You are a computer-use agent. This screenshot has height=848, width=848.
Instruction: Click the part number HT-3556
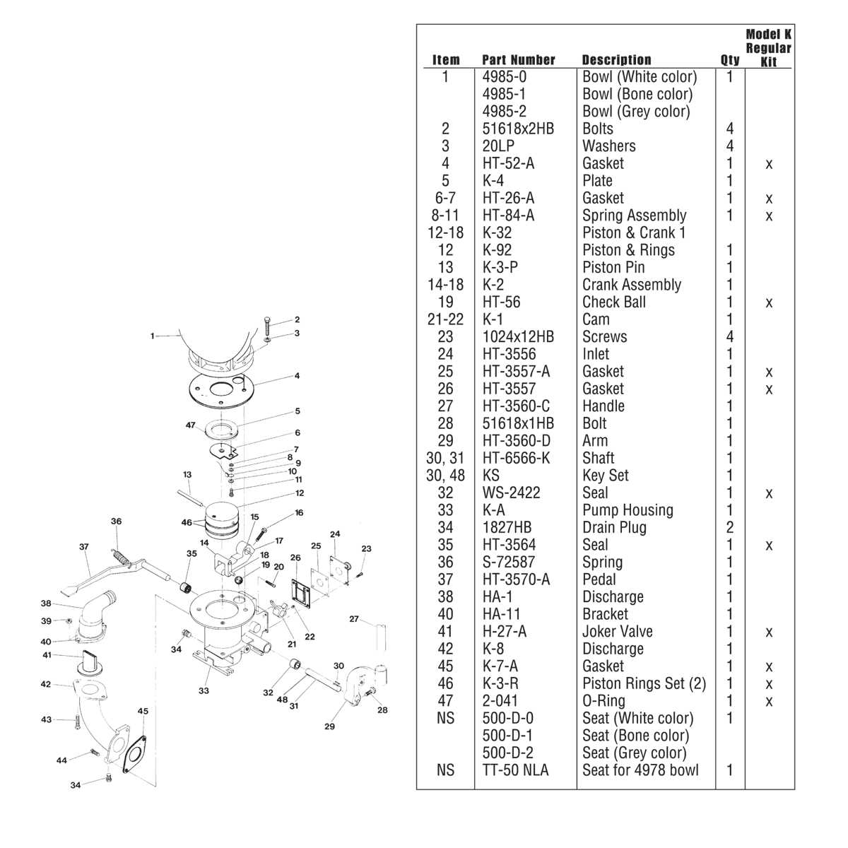509,354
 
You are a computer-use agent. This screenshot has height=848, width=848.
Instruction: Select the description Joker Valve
617,632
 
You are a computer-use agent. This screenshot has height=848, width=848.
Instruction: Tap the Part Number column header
518,60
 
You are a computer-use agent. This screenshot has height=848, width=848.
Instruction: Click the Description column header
616,60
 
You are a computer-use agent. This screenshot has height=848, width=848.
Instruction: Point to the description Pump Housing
628,510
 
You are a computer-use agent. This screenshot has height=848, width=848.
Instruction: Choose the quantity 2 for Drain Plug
730,527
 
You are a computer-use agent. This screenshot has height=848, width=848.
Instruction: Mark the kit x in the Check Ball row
769,302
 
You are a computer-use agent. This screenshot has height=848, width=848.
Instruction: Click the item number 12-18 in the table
446,232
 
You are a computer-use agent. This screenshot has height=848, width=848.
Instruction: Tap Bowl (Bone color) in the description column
637,94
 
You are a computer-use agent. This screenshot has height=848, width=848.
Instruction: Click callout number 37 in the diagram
83,546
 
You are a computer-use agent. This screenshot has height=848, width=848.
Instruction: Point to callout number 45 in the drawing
143,711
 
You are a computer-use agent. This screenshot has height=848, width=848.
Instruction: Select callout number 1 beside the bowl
152,336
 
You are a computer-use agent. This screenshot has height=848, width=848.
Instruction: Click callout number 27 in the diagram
355,619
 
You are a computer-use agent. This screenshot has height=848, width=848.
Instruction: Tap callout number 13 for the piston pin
187,474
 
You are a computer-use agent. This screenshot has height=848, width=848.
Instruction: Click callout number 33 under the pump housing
204,690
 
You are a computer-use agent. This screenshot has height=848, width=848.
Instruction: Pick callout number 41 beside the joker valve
47,655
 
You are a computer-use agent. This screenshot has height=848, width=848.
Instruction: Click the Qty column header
730,60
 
